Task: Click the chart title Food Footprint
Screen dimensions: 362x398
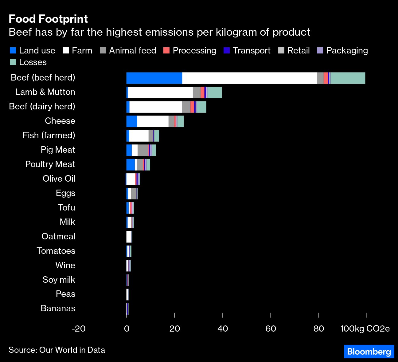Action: coord(48,19)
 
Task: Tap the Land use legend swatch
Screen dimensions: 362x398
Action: coord(13,51)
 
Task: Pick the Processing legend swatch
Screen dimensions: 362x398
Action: coord(166,51)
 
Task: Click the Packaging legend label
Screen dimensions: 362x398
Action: coord(347,51)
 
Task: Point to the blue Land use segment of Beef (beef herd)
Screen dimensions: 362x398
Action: coord(154,78)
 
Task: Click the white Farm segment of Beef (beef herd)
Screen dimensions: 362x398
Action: coord(249,78)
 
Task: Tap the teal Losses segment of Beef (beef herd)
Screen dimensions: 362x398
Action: coord(348,78)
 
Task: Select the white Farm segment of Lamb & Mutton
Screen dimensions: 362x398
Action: coord(160,92)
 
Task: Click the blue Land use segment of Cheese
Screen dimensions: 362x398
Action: coord(132,121)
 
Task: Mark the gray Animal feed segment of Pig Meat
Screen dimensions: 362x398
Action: coord(143,150)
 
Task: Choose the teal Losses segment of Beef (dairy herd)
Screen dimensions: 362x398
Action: coord(201,107)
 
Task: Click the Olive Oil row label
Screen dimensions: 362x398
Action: coord(59,179)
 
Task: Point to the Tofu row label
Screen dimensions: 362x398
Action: coord(67,207)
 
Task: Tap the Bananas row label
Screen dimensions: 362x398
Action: coord(58,308)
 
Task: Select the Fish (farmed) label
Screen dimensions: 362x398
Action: coord(49,135)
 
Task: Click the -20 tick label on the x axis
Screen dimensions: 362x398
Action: coord(79,329)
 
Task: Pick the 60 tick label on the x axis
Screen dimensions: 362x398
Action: coord(271,329)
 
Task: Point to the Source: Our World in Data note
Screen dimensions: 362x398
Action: coord(57,350)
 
